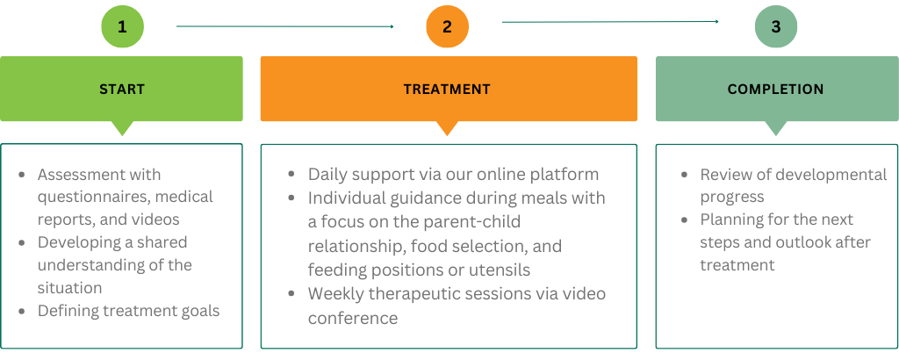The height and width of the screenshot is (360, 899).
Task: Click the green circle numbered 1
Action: pos(122,26)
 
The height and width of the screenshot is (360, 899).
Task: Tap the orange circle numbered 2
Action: pos(447,26)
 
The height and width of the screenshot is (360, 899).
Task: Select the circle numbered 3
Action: pos(776,26)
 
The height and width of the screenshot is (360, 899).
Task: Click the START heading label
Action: pos(122,90)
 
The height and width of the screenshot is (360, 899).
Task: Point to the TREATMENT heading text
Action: pos(447,90)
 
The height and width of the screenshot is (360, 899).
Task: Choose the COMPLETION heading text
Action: pos(776,90)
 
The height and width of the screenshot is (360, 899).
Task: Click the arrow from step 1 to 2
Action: pos(285,26)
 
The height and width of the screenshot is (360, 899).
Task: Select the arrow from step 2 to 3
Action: pos(611,22)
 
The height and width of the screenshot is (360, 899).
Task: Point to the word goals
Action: pos(198,312)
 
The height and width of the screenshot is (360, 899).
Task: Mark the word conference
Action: pos(353,318)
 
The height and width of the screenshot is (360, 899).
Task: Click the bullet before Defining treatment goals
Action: pos(22,312)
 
